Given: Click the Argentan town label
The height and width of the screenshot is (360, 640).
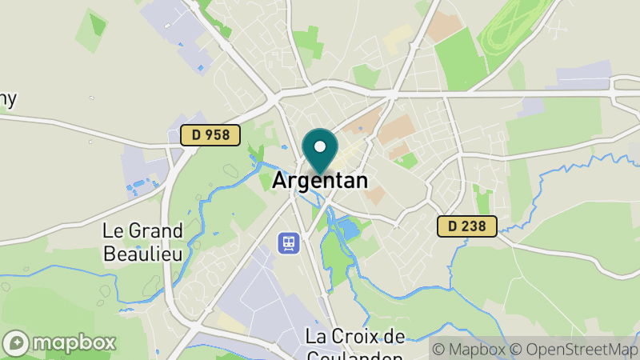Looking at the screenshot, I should tap(320, 181).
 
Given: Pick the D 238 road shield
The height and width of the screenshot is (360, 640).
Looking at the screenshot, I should tap(467, 226).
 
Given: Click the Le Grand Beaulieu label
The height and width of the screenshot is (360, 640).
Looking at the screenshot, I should tap(142, 242).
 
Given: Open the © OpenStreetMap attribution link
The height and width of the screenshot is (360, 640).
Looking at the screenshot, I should tap(576, 349).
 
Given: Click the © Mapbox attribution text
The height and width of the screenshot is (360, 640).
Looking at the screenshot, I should tap(469, 349).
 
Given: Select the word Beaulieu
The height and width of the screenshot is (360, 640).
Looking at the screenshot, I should tap(142, 253).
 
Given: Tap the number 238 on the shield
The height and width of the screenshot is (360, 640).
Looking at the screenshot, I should tap(474, 226).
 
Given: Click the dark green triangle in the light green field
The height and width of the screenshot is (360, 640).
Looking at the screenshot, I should tap(98, 24).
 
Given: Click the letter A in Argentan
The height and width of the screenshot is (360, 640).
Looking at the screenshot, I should tap(280, 181).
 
